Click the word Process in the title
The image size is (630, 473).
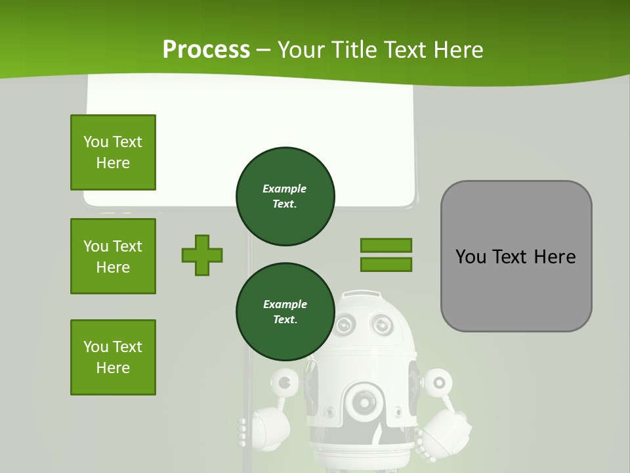coord(206,50)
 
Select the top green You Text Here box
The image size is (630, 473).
coord(113,152)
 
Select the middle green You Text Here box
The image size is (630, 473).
coord(113,256)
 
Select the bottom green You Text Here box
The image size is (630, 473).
coord(113,357)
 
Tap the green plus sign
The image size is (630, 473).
coord(202,255)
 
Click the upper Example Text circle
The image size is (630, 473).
coord(285,196)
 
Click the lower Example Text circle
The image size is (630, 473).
coord(285,311)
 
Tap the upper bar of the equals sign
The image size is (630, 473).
coord(386,245)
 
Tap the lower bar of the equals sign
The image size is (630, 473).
coord(386,264)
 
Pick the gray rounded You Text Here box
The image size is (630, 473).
coord(516,256)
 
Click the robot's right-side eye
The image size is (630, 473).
coord(381,323)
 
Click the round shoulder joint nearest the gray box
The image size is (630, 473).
coord(438,380)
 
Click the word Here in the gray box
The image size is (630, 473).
coord(555,256)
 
